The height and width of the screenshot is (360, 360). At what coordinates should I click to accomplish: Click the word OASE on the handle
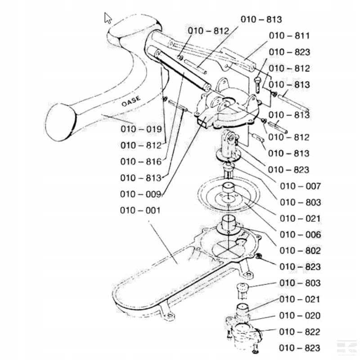point(131,101)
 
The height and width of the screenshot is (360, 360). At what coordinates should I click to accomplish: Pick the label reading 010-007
point(300,186)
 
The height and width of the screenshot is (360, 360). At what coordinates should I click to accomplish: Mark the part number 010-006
point(300,234)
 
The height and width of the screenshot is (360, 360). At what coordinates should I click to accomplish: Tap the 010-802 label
point(300,251)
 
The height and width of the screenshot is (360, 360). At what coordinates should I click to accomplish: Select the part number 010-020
point(300,315)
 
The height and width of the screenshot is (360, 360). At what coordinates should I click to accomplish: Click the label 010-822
point(300,332)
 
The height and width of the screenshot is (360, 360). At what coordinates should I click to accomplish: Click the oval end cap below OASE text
point(60,121)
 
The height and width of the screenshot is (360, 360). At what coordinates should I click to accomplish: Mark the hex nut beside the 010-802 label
point(260,256)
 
